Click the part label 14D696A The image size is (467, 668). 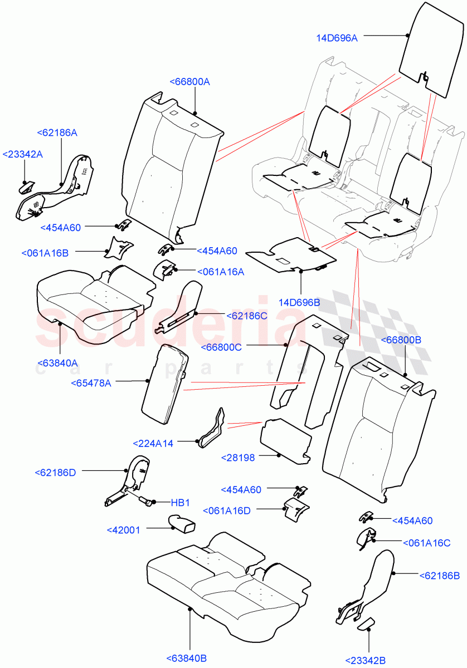(x=337, y=38)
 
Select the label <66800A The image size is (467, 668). (x=189, y=82)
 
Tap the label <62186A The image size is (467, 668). (x=57, y=132)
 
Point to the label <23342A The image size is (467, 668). (x=22, y=154)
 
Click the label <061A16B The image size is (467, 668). (x=45, y=253)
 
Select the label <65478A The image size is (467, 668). (x=91, y=382)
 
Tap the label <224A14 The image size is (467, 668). (x=153, y=443)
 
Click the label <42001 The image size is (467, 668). (x=124, y=530)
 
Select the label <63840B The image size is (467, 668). (x=187, y=659)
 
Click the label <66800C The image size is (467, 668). (x=221, y=347)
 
